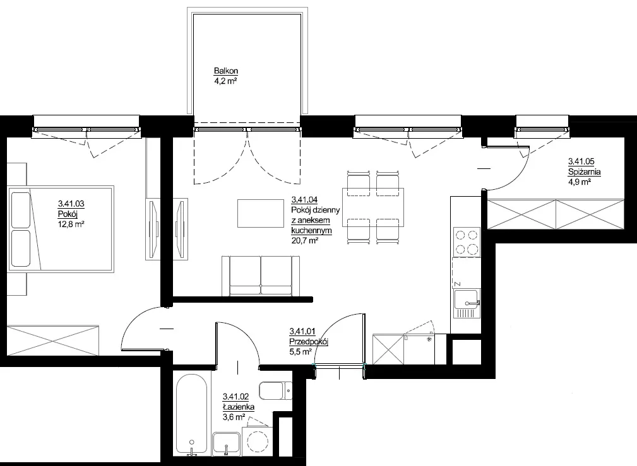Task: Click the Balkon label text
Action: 226,71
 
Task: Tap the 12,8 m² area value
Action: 71,224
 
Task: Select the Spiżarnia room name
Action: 584,172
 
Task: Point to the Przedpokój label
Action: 309,342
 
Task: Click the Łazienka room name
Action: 239,407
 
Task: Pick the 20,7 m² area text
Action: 305,240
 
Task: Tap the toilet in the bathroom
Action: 275,390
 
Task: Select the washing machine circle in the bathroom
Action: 258,441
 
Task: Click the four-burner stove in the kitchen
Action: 467,242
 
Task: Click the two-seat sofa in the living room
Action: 261,276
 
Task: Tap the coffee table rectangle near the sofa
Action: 260,213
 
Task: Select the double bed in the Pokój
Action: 61,229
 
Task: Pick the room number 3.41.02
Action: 235,397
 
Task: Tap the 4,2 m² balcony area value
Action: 225,81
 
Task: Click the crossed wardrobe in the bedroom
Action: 53,340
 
